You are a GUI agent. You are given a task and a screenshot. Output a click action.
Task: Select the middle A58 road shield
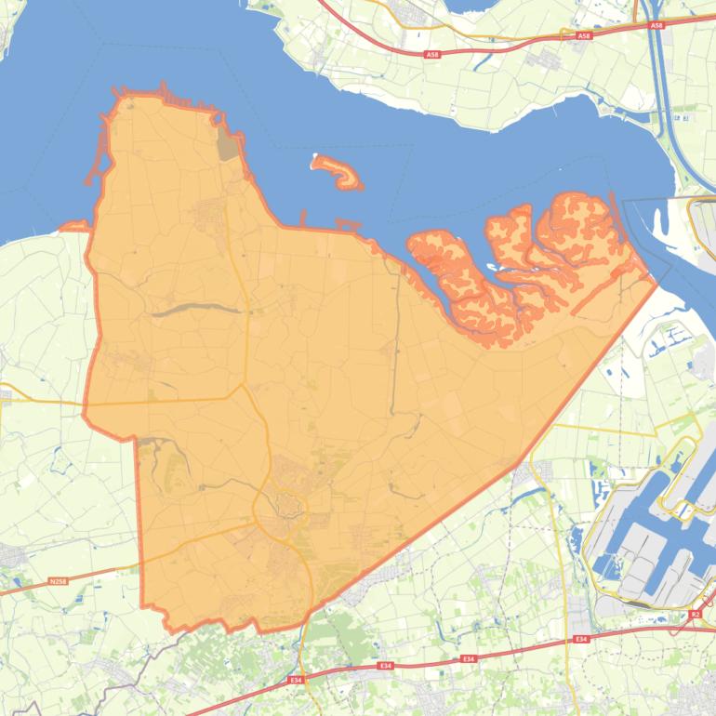click(583, 36)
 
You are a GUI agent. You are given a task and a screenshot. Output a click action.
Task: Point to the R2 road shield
click(696, 615)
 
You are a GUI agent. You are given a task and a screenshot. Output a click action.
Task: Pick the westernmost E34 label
click(296, 681)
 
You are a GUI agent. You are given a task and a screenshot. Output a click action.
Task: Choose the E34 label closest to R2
click(581, 639)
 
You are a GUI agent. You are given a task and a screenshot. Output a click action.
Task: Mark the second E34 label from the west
click(385, 667)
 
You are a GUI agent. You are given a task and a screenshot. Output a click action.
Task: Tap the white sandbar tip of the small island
click(315, 157)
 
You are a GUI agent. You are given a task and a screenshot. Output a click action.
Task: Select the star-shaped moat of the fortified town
click(289, 506)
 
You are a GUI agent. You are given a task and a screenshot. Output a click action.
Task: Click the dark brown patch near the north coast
click(228, 146)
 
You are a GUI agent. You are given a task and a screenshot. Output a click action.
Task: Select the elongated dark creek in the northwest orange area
click(191, 310)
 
